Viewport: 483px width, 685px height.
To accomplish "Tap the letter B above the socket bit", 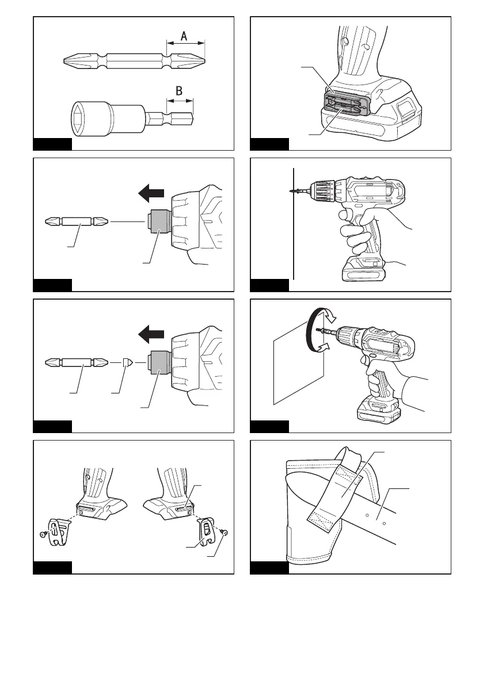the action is (x=178, y=90).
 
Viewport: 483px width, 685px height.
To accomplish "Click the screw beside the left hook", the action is (x=43, y=534).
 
